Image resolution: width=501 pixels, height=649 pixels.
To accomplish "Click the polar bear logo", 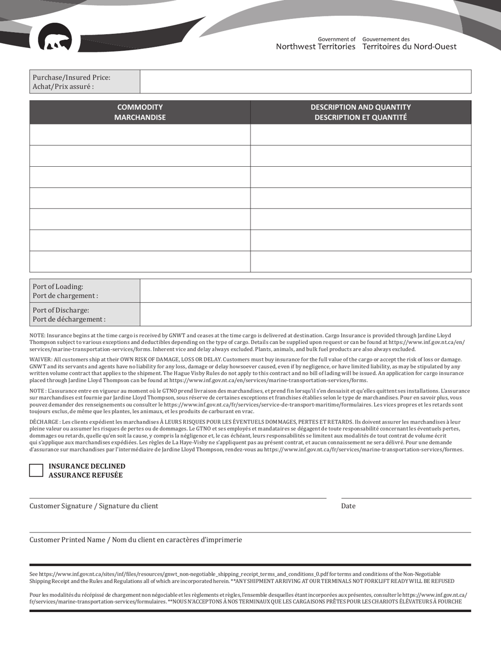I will coord(55,39).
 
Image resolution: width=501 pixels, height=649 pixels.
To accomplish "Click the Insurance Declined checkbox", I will coord(36,471).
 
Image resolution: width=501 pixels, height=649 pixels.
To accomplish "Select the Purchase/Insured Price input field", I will coord(305,82).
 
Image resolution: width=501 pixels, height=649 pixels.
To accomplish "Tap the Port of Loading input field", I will coord(305,291).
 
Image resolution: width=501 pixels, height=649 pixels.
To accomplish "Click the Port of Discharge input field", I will coord(305,314).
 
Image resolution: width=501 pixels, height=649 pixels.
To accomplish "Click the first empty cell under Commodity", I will coord(140,135).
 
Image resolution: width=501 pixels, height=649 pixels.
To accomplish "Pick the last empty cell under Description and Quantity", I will coord(361,261).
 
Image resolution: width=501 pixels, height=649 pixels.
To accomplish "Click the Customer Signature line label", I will coord(94,506).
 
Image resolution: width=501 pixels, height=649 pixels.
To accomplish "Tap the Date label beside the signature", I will coord(348,506).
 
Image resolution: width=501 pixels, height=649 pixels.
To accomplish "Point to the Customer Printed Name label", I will coord(136,540).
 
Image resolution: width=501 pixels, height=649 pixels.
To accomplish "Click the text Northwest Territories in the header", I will coord(315,46).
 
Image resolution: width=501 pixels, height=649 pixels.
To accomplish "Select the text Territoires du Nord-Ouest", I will coord(409,46).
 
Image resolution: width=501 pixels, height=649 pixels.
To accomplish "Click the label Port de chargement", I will coord(65,296).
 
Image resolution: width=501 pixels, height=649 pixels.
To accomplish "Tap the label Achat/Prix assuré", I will coord(63,87).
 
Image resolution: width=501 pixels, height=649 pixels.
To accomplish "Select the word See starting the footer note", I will coord(34,574).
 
